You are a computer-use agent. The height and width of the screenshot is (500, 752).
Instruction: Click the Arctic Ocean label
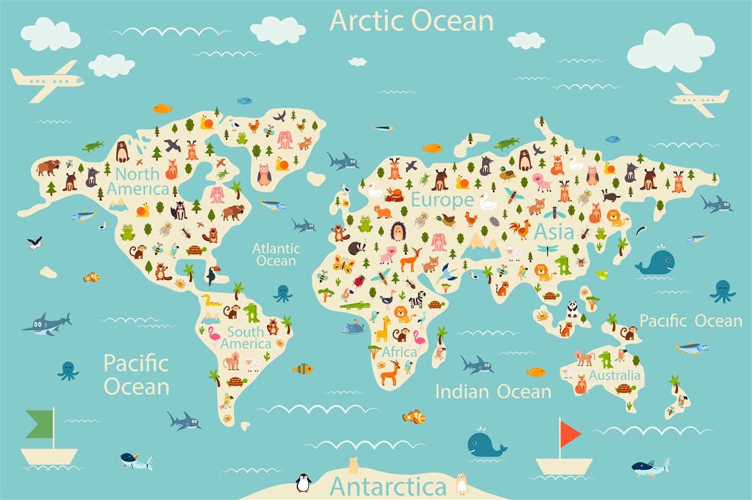click(411, 20)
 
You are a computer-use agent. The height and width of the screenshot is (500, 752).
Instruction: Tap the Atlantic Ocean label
click(276, 254)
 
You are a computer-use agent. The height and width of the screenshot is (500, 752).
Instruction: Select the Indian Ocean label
click(493, 392)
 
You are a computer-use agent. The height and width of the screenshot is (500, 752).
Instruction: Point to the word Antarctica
click(388, 486)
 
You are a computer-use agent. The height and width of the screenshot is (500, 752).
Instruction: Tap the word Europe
click(442, 200)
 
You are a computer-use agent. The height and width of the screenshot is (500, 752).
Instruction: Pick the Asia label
click(554, 232)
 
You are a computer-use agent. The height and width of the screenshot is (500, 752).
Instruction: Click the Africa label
click(399, 352)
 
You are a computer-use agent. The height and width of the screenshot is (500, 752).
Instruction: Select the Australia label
click(615, 375)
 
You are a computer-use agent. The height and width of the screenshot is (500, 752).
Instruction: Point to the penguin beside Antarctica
click(303, 482)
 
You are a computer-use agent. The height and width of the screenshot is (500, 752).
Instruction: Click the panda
click(572, 309)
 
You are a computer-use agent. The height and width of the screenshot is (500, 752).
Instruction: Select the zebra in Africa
click(417, 299)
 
